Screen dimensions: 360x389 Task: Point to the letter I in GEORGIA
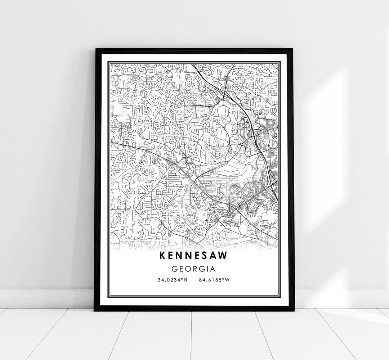pos(207,269)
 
